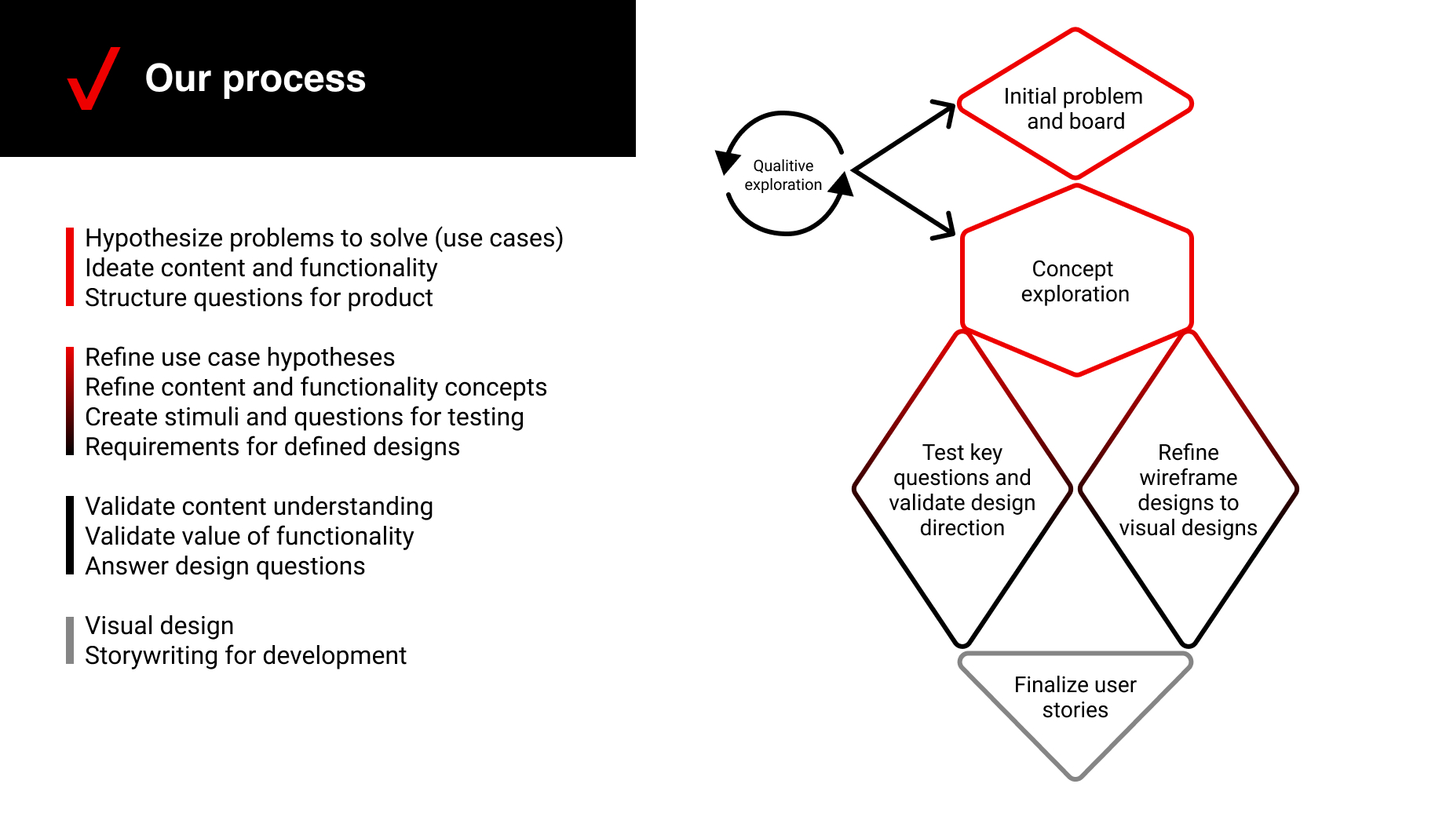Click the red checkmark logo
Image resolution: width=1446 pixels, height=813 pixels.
[93, 78]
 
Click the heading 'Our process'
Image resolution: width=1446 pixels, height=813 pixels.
[255, 78]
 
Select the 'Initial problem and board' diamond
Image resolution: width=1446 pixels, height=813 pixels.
[1075, 108]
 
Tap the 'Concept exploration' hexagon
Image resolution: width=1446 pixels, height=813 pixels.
[1075, 281]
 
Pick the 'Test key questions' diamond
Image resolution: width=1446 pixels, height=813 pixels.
[962, 490]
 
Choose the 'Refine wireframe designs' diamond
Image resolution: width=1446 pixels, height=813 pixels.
[1188, 490]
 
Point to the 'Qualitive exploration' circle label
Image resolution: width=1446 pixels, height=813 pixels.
[783, 175]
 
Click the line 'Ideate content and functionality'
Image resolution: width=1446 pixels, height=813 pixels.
[261, 268]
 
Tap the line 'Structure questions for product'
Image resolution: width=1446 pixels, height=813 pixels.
[258, 298]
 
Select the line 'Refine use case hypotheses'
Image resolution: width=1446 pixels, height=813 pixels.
[239, 358]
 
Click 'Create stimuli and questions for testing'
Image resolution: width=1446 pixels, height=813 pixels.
[304, 417]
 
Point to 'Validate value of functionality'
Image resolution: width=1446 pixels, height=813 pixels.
[249, 537]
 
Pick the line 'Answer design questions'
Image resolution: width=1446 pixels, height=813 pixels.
[225, 567]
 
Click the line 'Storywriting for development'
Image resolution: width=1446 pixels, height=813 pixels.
[245, 656]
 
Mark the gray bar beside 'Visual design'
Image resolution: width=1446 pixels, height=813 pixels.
[70, 640]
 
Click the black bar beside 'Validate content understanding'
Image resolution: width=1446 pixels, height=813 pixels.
[70, 535]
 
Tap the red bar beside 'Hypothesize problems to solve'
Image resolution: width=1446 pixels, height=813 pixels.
[70, 267]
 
